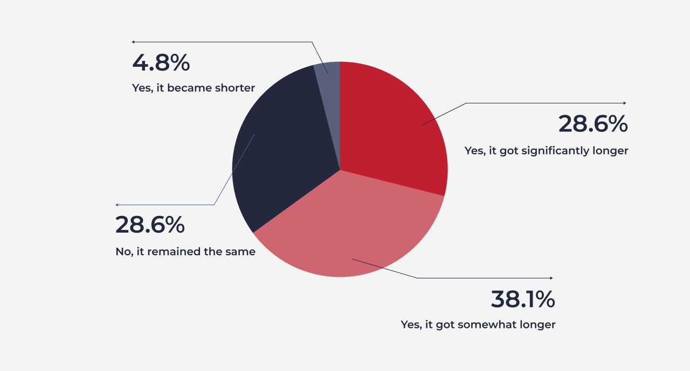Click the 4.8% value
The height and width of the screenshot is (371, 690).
(x=161, y=63)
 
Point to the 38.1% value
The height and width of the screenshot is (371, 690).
(x=523, y=299)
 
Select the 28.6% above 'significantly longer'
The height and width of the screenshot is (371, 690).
(x=593, y=124)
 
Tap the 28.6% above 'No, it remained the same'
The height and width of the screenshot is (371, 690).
(x=150, y=225)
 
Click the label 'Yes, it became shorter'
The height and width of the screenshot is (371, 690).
(x=194, y=88)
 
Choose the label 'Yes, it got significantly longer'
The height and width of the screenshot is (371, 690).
(x=546, y=151)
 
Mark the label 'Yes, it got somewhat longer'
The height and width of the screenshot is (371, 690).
(x=478, y=325)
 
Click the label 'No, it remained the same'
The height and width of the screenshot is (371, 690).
(x=185, y=251)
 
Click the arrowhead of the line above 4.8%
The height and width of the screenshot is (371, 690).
(x=133, y=42)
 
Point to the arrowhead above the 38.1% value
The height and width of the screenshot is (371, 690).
(x=551, y=278)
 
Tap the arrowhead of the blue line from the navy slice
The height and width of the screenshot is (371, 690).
(x=117, y=205)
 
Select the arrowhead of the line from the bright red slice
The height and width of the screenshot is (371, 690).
(x=625, y=103)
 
